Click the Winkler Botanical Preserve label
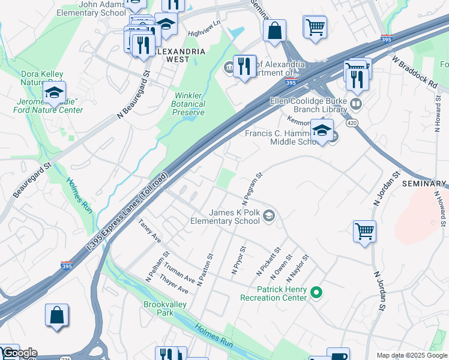(189, 104)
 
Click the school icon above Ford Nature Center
(54, 94)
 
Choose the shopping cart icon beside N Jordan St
(364, 230)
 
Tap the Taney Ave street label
(150, 231)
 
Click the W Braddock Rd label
(415, 72)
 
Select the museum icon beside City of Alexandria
(229, 67)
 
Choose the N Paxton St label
(205, 268)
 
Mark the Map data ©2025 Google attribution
(411, 355)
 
